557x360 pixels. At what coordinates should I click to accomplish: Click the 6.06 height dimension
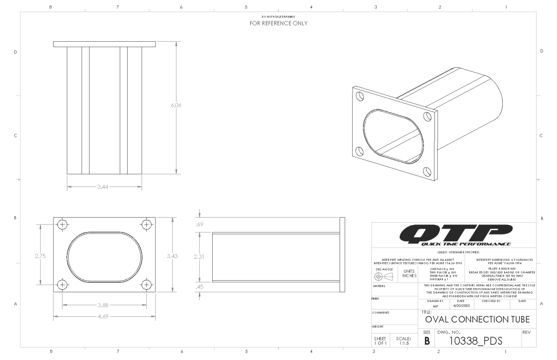[x=176, y=105]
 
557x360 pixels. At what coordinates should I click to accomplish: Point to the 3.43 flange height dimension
[x=175, y=256]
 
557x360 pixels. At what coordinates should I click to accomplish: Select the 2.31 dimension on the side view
[x=200, y=256]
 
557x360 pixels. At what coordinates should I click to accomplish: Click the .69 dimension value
[x=201, y=225]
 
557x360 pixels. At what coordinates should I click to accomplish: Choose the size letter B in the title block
[x=427, y=341]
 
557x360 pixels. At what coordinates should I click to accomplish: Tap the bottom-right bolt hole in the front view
[x=147, y=284]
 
